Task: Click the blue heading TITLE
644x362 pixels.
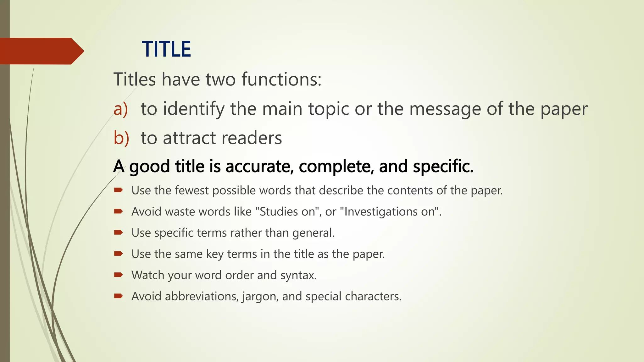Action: [166, 49]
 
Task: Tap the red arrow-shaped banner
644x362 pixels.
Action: [41, 51]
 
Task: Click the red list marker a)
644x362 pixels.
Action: [121, 109]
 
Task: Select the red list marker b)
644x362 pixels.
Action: [121, 138]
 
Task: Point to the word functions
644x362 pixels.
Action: [281, 79]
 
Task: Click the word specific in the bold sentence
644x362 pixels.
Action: [443, 166]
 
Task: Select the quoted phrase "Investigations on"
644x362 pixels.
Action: [389, 212]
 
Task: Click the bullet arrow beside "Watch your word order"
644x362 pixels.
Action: [118, 275]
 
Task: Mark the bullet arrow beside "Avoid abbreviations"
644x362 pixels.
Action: [118, 296]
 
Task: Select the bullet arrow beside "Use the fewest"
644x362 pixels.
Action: [118, 190]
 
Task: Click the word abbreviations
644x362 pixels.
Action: [202, 296]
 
